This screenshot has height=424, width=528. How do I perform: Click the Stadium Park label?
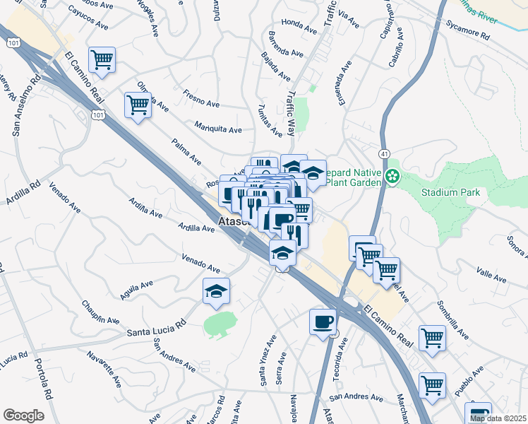pos(450,192)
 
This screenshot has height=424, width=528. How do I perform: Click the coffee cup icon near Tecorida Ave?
pos(323,322)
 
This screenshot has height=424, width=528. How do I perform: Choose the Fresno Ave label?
pos(203,96)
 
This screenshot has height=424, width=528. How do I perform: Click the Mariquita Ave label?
pos(218,129)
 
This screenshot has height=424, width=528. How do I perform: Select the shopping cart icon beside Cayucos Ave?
pos(102,60)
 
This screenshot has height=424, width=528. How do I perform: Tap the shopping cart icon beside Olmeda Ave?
pos(138,106)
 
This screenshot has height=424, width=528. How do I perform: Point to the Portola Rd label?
pos(44,382)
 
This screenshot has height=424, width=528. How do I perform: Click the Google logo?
pos(23,415)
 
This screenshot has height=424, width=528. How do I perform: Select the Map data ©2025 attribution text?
pos(497,418)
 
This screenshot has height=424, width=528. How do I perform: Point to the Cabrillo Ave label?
pos(396,47)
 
